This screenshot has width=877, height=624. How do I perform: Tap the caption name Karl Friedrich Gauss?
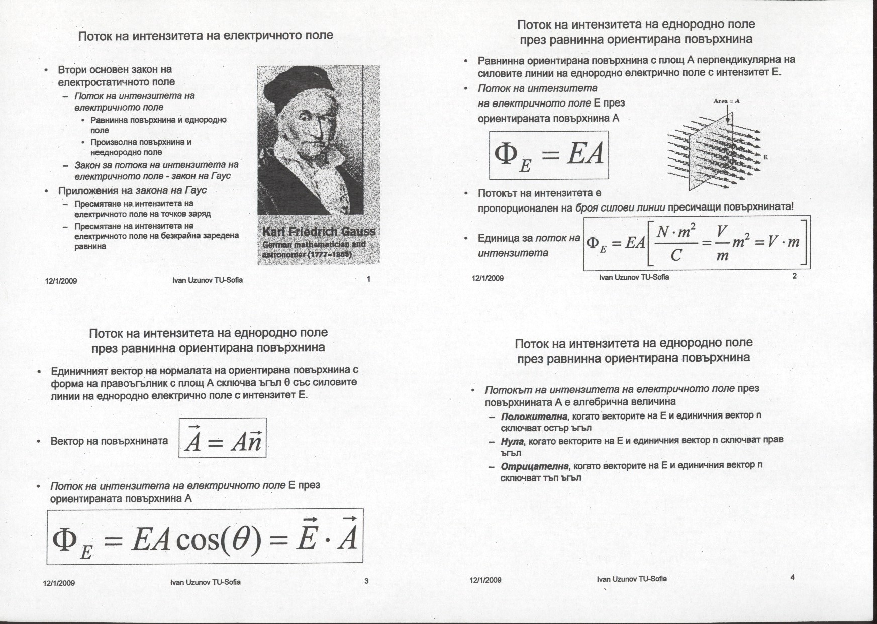pos(319,232)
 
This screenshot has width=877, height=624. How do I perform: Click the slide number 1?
pos(369,279)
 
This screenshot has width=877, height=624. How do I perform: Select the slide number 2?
pos(794,276)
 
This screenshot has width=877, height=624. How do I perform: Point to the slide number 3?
pos(366,581)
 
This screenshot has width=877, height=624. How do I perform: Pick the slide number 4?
pos(792,577)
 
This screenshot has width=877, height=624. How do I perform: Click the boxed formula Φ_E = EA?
pos(549,155)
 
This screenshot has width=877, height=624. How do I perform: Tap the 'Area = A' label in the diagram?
pos(726,101)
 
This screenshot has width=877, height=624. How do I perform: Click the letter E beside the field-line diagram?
pos(765,157)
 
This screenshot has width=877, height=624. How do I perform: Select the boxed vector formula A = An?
pos(223,439)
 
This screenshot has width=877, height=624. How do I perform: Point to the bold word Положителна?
pos(534,416)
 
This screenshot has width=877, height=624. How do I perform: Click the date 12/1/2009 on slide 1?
pos(61,281)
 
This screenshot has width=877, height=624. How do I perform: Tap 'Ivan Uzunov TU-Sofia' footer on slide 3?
pos(205,582)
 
